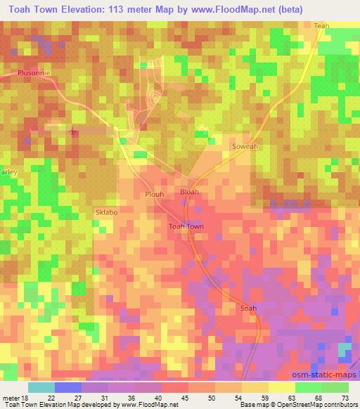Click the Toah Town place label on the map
[186, 226]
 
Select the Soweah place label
[245, 146]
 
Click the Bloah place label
[189, 191]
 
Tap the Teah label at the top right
[321, 26]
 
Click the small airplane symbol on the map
[72, 131]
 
